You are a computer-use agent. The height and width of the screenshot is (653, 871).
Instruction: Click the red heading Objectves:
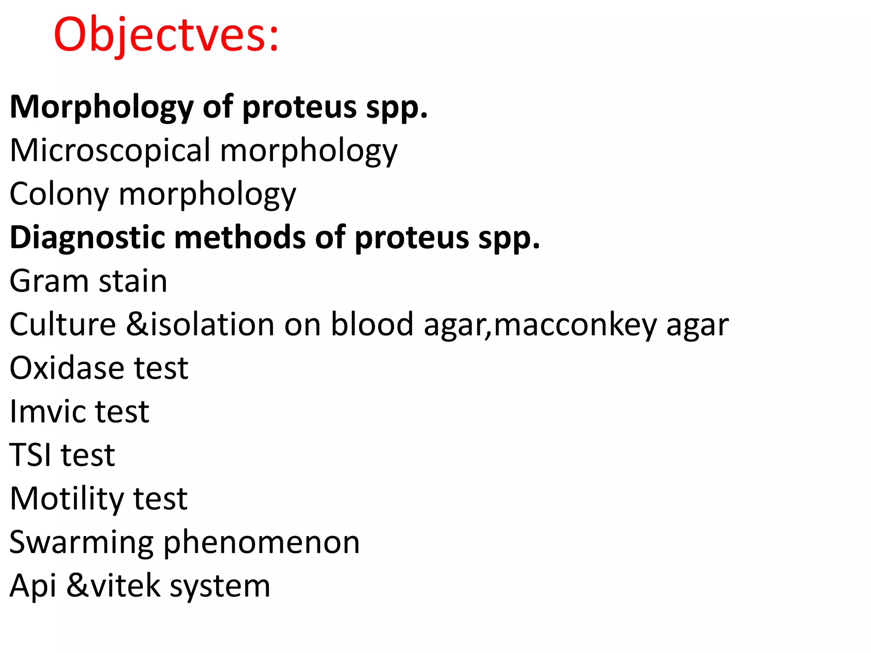[166, 35]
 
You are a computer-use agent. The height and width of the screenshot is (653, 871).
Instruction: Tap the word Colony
[59, 194]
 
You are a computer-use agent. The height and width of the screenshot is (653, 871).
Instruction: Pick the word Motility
[66, 499]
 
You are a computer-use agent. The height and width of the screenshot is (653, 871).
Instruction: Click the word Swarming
[81, 543]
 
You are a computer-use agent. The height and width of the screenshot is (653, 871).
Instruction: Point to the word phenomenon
[261, 543]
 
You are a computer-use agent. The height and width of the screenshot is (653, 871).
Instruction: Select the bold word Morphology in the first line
[101, 107]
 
